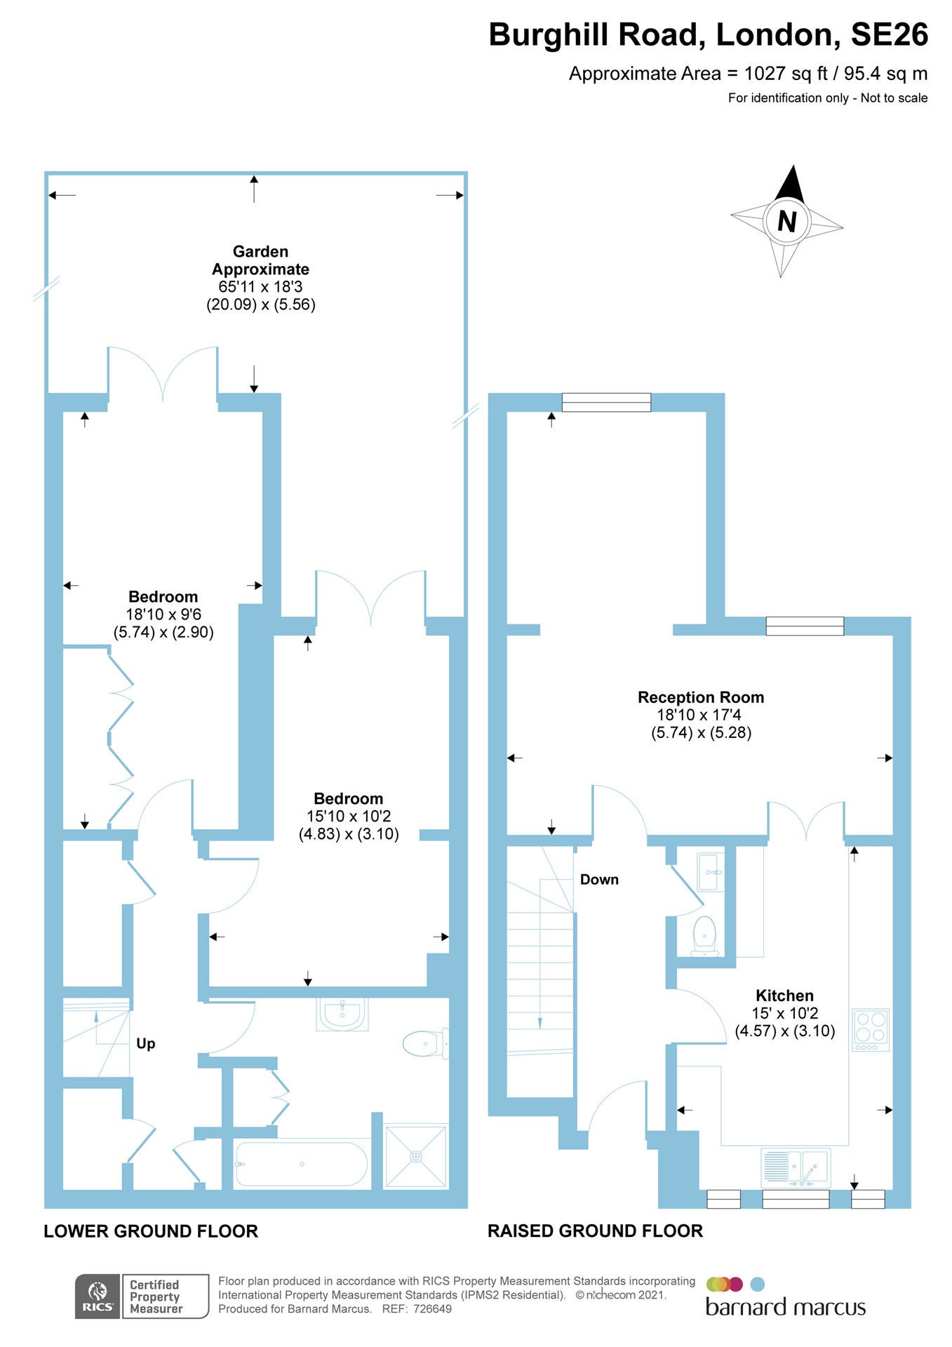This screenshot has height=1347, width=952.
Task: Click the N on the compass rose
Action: coord(787,222)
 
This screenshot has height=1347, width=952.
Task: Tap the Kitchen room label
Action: coord(784,996)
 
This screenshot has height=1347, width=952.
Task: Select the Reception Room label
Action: coord(700,697)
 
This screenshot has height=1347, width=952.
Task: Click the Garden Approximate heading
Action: coord(260,260)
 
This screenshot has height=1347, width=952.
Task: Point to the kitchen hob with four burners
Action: coord(871,1029)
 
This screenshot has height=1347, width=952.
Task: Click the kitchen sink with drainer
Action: coord(796,1167)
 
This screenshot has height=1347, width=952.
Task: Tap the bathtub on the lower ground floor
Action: coord(302,1165)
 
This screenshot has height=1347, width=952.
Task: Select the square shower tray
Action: coord(415,1157)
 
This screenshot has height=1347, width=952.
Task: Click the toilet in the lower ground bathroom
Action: coord(424,1044)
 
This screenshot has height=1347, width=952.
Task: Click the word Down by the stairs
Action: coord(599,880)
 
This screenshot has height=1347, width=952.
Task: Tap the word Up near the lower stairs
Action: coord(145,1043)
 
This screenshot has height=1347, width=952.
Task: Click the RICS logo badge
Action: coord(98,1296)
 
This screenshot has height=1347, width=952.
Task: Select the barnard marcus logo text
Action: coord(785,1308)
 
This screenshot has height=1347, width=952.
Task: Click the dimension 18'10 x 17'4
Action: coord(699,715)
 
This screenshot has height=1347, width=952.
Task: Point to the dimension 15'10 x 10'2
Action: coord(349,816)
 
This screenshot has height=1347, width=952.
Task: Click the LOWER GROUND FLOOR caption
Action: coord(151,1231)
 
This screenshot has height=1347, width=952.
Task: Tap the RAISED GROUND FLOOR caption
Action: coord(595,1231)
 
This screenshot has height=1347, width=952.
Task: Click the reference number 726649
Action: coord(432,1309)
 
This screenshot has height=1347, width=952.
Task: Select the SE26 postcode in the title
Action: coord(889,35)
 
